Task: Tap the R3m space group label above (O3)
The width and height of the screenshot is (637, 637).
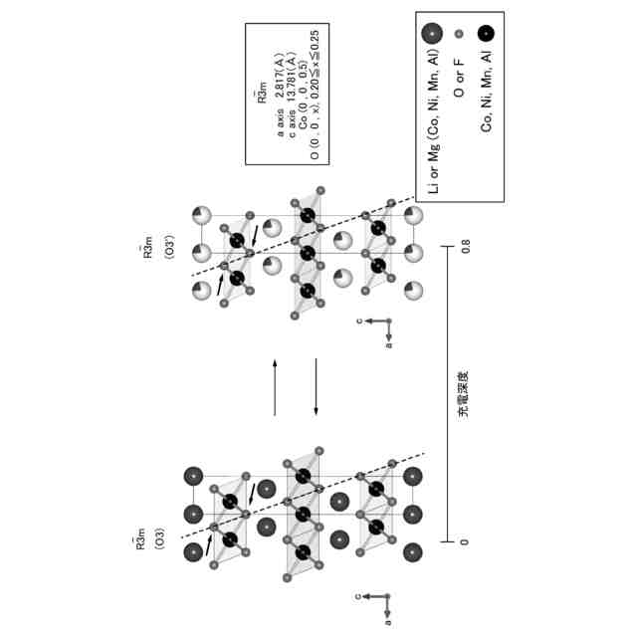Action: point(142,546)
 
